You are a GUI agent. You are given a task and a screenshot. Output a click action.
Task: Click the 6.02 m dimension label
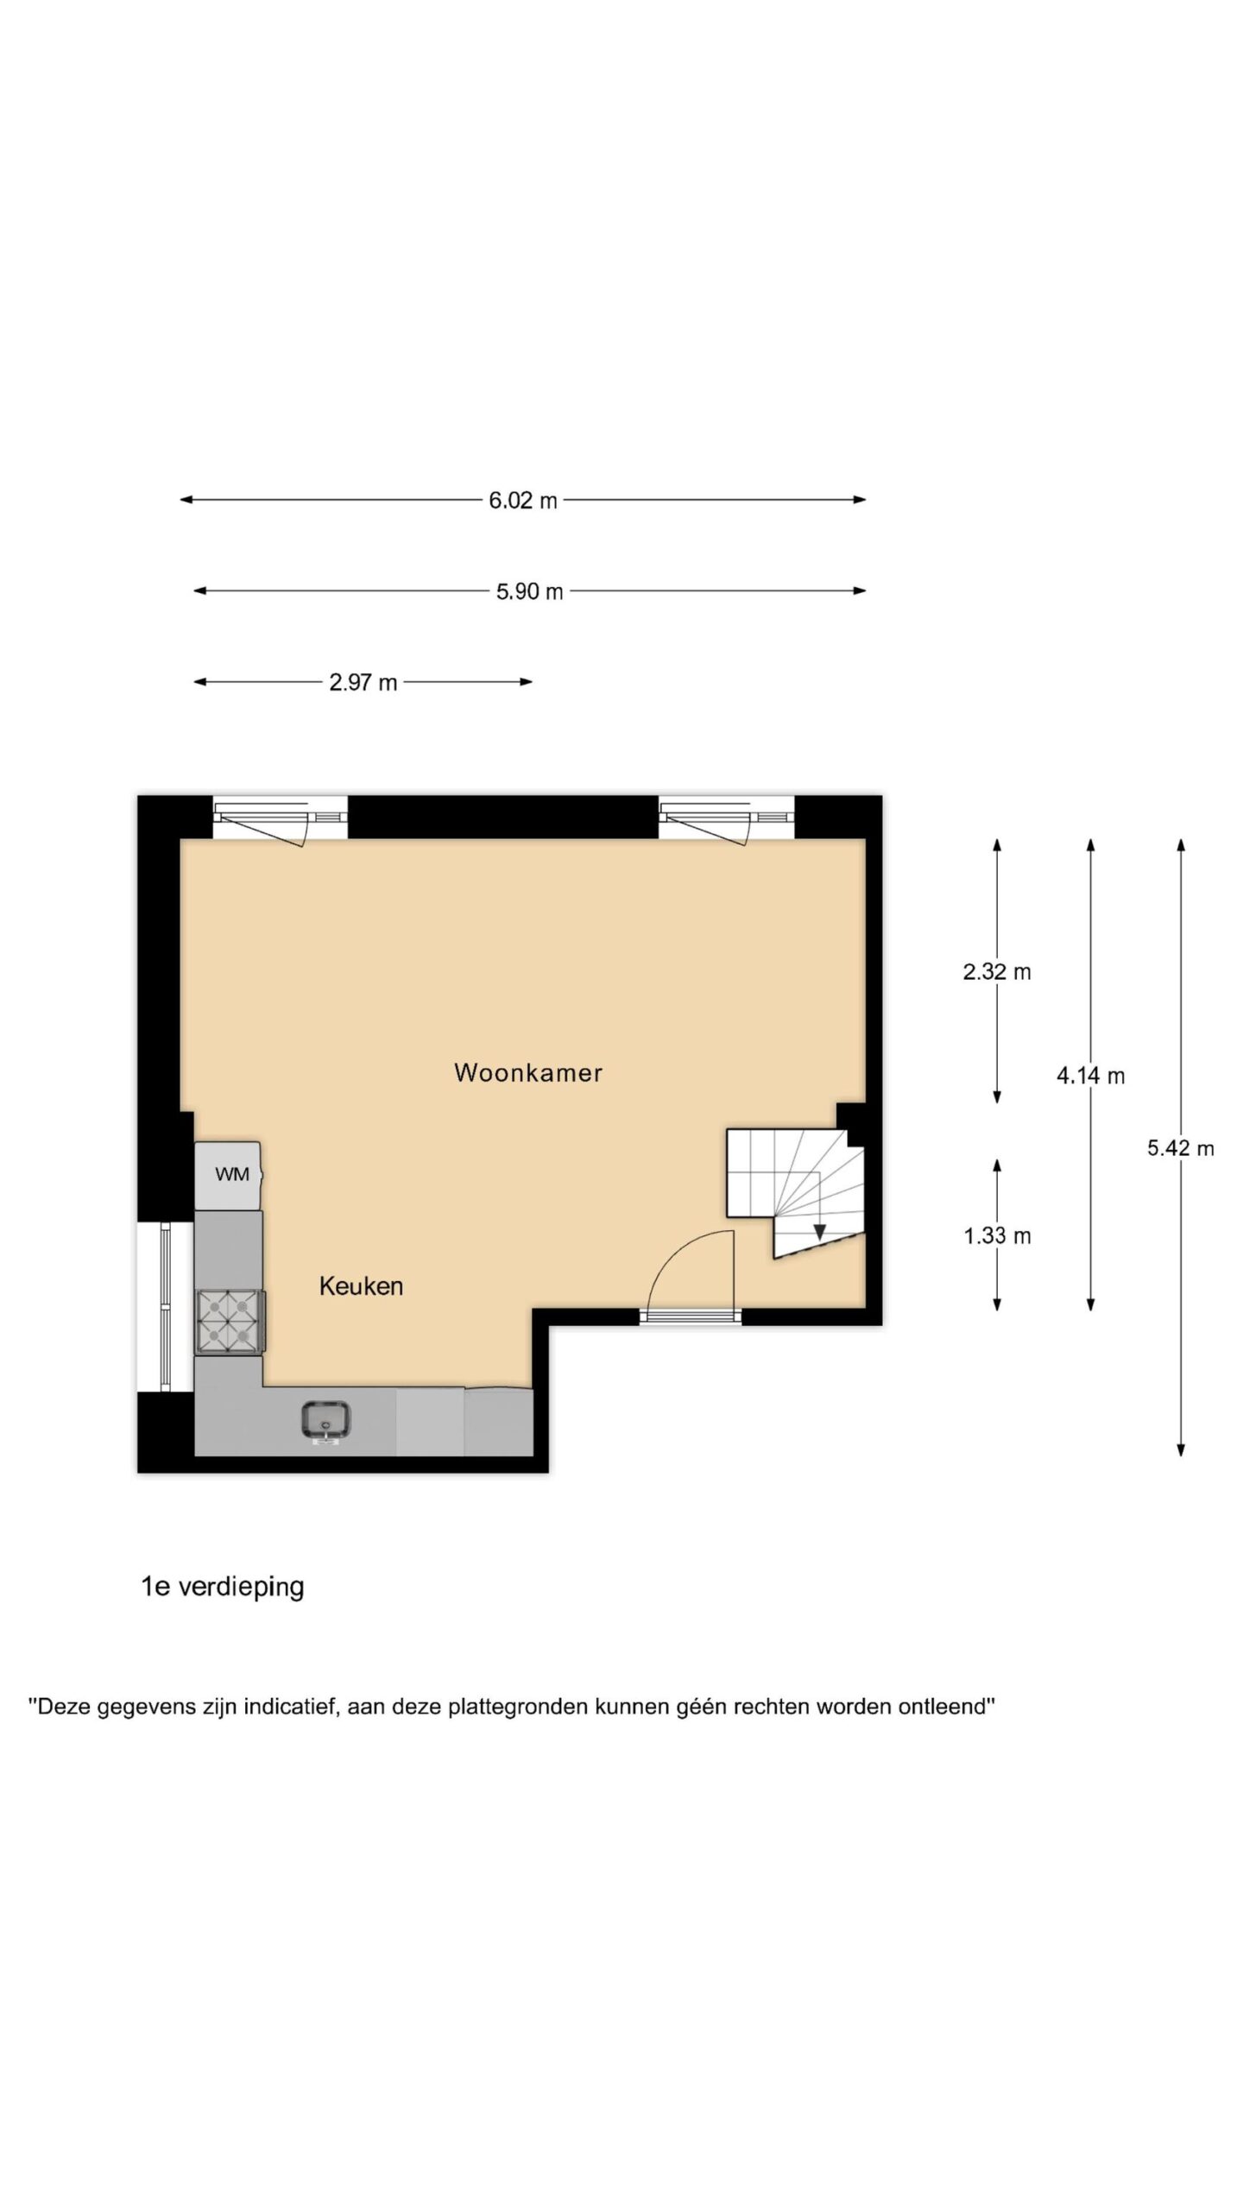point(523,500)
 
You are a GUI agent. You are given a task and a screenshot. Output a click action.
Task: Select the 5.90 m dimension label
point(529,591)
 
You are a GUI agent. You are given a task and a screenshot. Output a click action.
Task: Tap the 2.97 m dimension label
point(363,683)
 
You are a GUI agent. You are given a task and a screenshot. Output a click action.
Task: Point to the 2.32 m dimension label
point(997,972)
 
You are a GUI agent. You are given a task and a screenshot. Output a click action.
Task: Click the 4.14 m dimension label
point(1090,1076)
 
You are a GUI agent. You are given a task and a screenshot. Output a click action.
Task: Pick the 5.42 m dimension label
point(1180,1148)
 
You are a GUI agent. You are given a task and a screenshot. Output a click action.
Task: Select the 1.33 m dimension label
point(997,1236)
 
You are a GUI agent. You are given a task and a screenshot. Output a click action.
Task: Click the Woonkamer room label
point(528,1073)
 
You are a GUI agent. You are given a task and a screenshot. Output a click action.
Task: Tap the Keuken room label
point(361,1286)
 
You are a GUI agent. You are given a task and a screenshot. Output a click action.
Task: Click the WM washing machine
point(228,1175)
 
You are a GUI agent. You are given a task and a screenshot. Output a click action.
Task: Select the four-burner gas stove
point(230,1321)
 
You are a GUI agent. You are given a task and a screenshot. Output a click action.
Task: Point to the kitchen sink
point(325,1420)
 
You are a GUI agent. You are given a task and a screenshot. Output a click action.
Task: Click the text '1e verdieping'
point(223,1587)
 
